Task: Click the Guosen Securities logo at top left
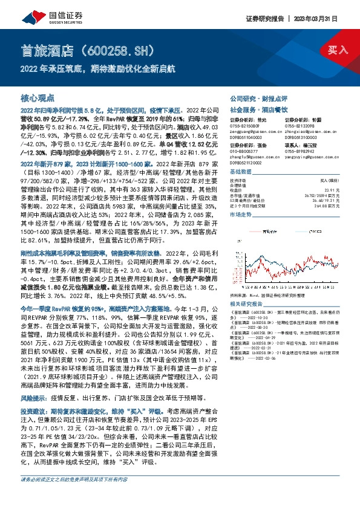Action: coord(36,11)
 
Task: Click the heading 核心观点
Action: coord(38,97)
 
